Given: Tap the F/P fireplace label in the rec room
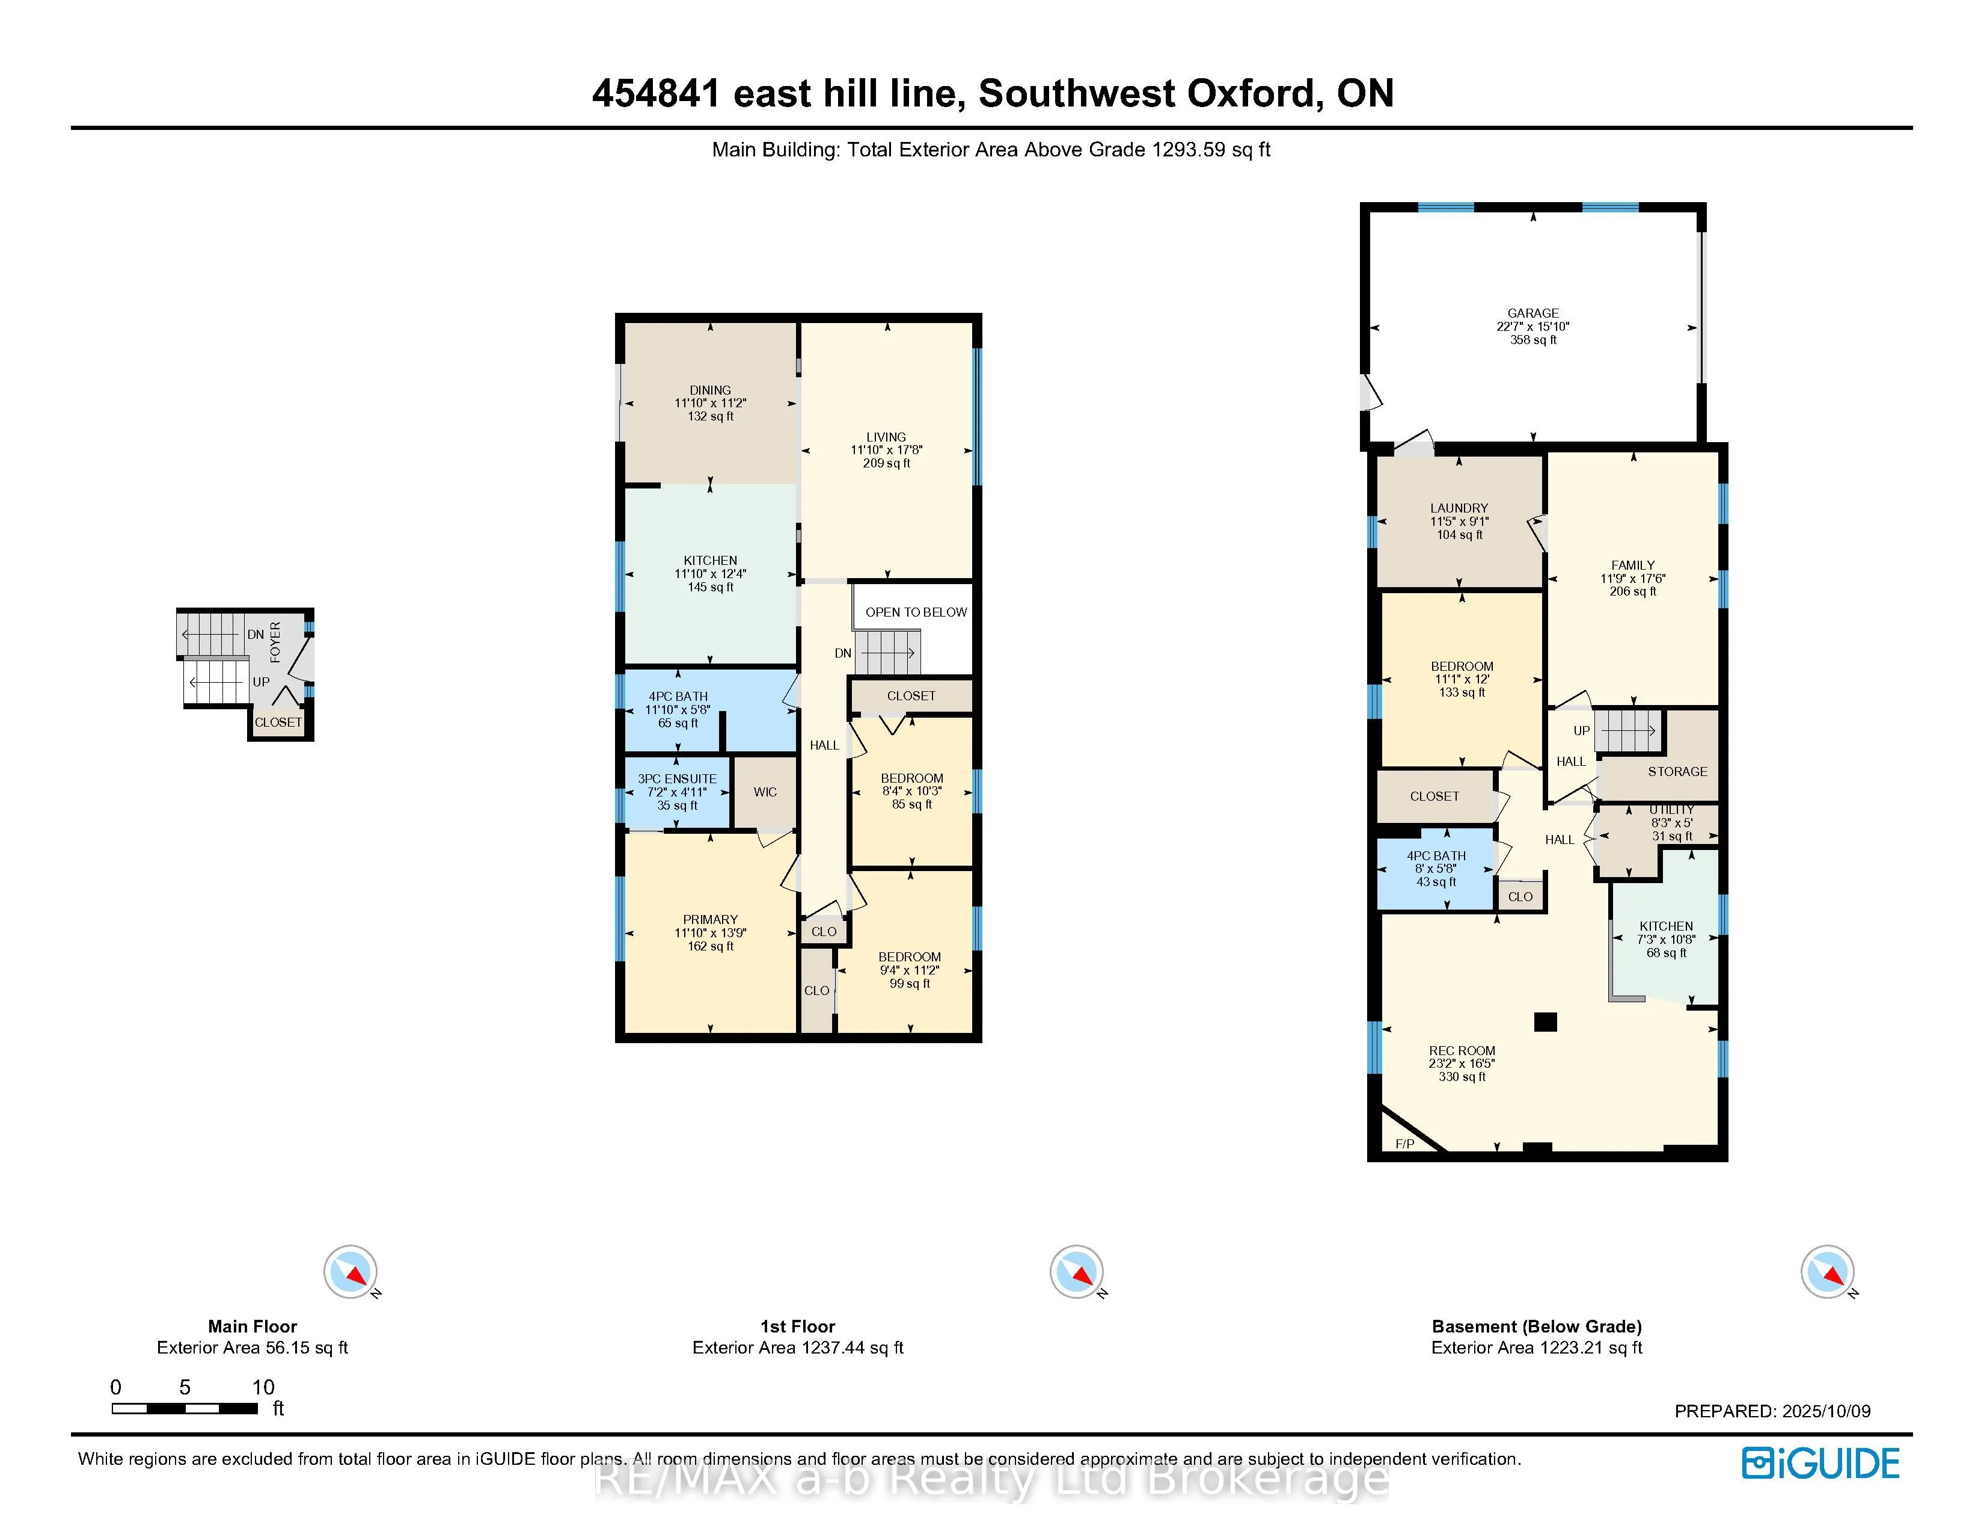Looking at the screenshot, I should (1404, 1143).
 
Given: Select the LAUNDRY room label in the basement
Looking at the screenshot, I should (1459, 508).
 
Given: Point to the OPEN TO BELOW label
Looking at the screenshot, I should (916, 612).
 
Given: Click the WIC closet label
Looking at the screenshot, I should (765, 792).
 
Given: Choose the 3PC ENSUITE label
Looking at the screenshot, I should (677, 779).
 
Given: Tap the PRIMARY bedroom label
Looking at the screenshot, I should (711, 920).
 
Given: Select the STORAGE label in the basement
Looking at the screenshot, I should (1677, 772).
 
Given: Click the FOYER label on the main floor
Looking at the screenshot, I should (275, 642).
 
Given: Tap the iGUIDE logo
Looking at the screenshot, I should (1820, 1463).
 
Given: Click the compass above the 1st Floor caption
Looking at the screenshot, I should (1077, 1271).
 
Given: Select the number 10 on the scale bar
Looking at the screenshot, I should (263, 1387).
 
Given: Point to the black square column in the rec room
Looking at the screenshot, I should (1545, 1021).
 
